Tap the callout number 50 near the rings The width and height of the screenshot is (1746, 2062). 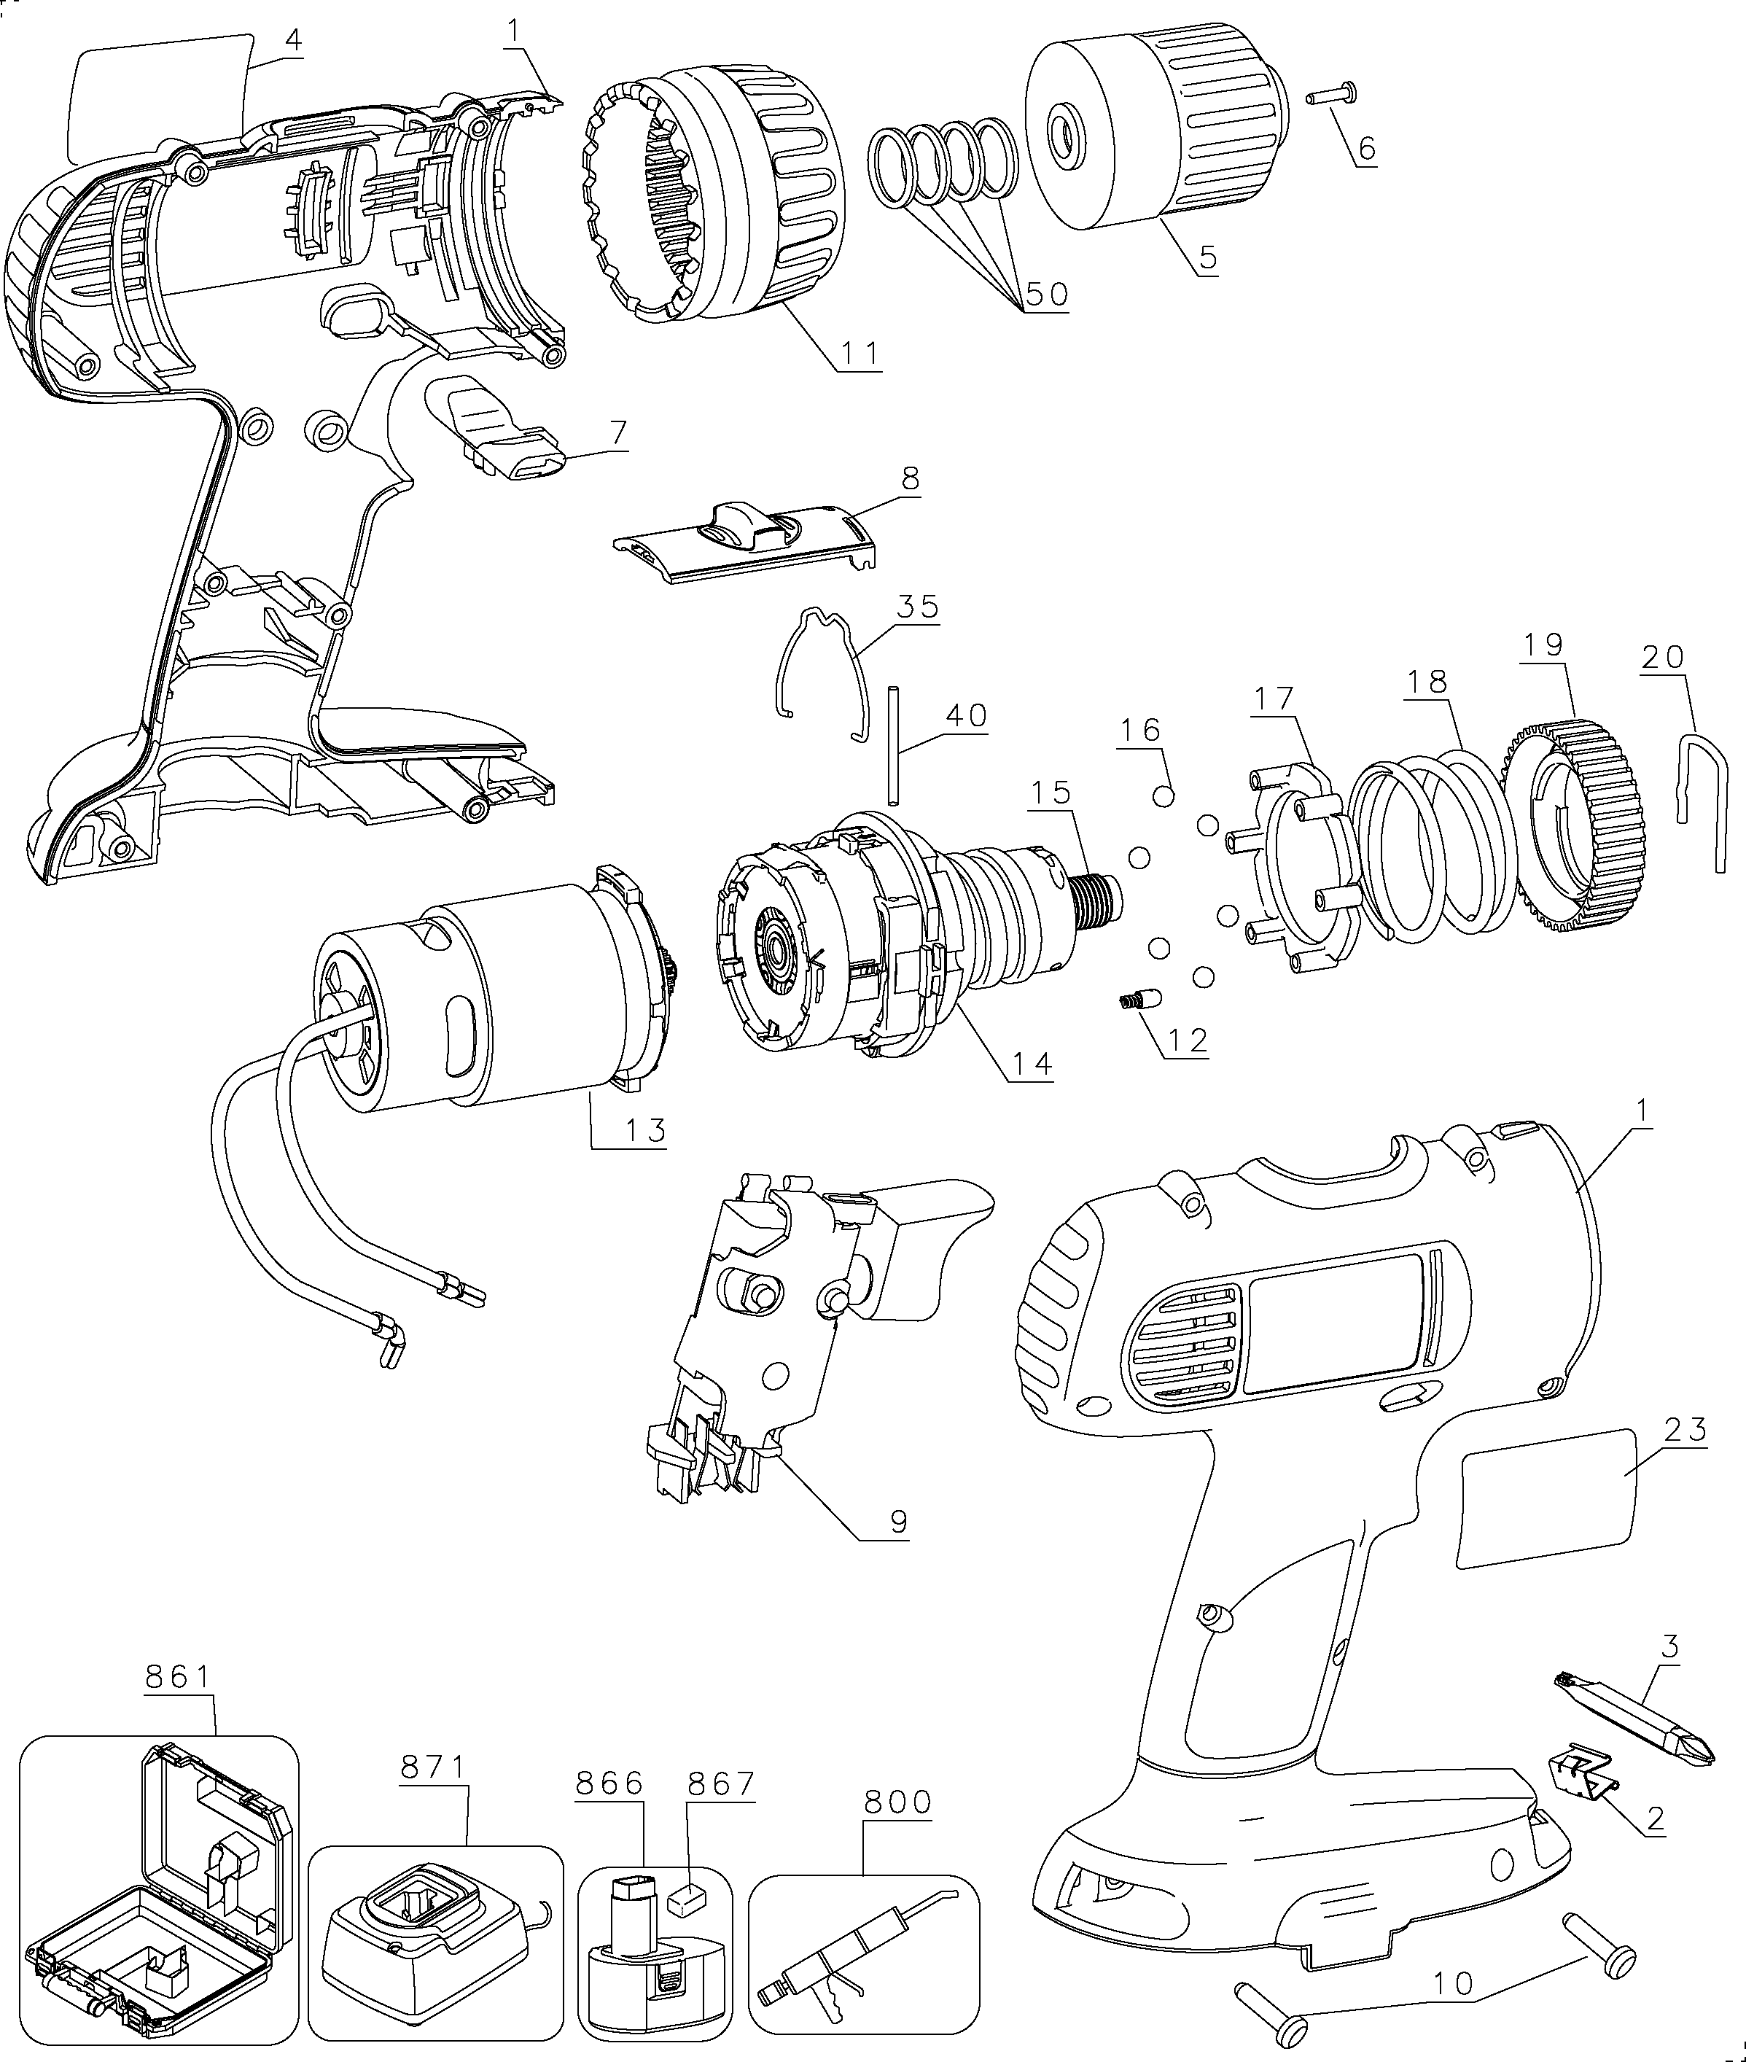coord(1046,293)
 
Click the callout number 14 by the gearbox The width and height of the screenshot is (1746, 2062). coord(1032,1064)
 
